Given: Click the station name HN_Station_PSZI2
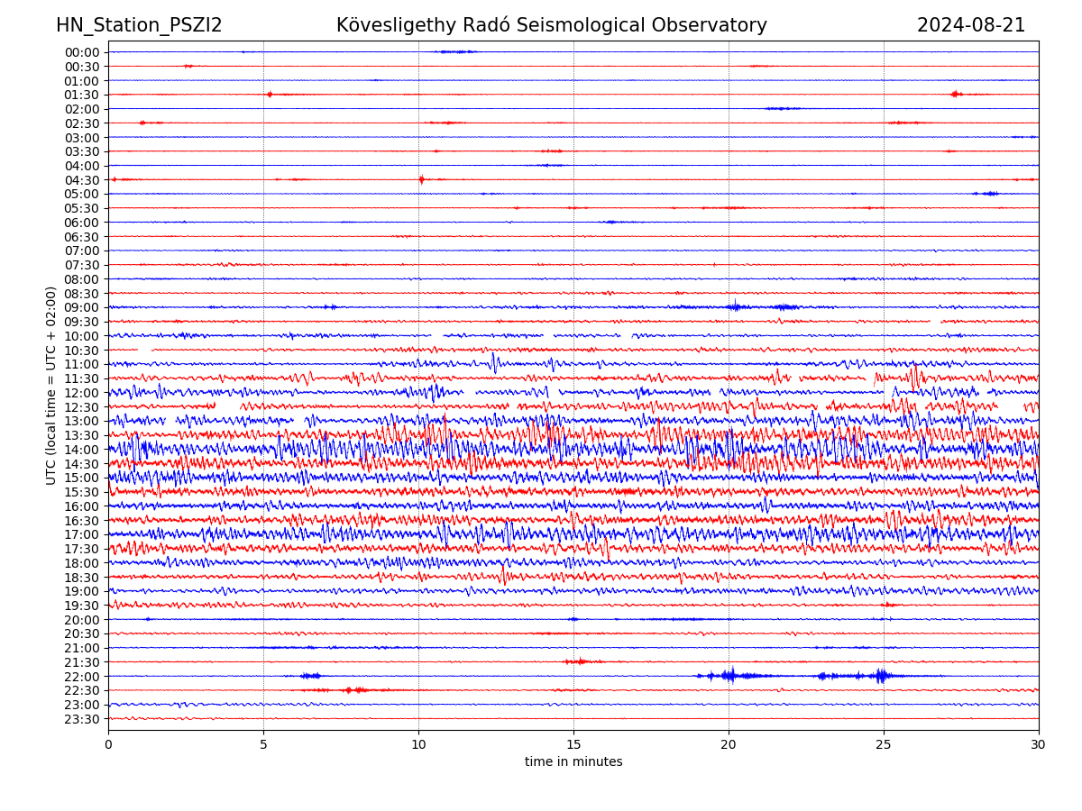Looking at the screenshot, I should coord(139,25).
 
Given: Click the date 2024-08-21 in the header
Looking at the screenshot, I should coord(971,25).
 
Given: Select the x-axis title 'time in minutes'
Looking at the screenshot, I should coord(573,762).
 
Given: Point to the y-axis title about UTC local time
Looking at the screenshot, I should coord(51,386).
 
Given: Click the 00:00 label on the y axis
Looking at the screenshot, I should coord(82,52).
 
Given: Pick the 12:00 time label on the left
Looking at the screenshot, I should coord(82,393).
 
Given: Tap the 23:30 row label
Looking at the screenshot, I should coord(82,719).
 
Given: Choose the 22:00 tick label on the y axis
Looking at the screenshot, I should coord(82,677).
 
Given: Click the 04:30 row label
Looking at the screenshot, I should coord(82,180).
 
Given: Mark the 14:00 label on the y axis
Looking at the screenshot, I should coord(82,450).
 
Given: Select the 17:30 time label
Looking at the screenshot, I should coord(82,549).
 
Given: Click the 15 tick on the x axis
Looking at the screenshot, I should coord(573,745).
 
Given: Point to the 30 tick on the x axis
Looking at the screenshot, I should coord(1039,745).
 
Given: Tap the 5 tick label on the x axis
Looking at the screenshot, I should coord(263,745).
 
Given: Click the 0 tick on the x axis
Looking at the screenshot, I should coord(108,745).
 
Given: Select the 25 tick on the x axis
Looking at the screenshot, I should coord(884,745).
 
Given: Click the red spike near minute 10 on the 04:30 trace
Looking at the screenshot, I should coord(421,179).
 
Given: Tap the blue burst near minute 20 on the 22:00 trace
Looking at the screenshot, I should coord(729,675).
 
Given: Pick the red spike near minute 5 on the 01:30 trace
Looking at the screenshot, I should coord(269,94).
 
